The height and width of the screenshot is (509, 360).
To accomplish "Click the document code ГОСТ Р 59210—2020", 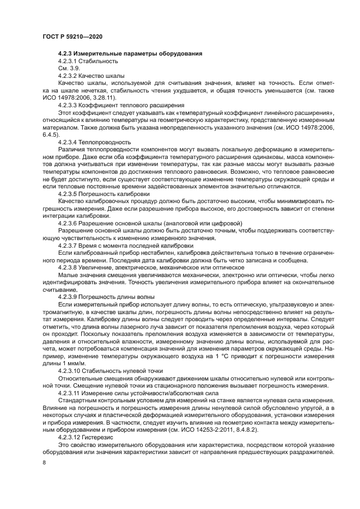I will (x=72, y=35).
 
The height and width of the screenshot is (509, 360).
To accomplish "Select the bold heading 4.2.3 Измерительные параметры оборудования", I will (x=130, y=54).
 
